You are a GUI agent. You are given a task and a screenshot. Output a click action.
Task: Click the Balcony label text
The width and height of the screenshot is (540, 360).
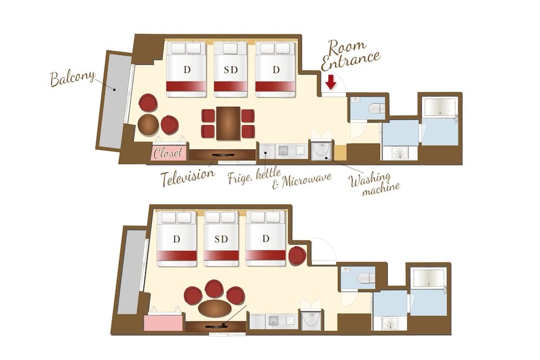pos(72,78)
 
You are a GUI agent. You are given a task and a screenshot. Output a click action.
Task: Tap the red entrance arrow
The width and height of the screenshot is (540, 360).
pos(330,82)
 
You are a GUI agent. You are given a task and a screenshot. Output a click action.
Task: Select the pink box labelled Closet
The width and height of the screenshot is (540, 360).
pos(169,153)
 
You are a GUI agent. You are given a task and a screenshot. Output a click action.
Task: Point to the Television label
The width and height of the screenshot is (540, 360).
pos(187,177)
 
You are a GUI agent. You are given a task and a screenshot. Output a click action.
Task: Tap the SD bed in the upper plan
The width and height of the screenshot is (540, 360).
pos(231,69)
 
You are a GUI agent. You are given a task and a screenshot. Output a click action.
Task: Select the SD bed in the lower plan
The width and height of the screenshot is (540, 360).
pos(221,238)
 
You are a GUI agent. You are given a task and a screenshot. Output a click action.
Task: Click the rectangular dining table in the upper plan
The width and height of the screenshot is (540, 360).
pos(228,123)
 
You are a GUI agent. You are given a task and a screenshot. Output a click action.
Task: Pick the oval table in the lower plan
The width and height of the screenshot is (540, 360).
pos(214,308)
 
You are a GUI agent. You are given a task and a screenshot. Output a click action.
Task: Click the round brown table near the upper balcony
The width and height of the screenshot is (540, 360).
pos(148,125)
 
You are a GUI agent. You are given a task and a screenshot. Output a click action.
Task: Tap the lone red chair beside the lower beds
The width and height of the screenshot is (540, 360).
pos(297,255)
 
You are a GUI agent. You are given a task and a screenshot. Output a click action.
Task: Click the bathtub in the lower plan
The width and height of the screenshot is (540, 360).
pos(429,277)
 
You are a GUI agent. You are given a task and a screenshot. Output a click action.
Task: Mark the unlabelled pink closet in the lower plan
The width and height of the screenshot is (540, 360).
pos(163,323)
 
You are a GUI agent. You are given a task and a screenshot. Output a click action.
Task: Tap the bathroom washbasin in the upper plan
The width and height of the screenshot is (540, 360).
pos(400,153)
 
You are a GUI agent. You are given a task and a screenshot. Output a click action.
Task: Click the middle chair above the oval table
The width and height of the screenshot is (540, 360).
pos(214,289)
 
